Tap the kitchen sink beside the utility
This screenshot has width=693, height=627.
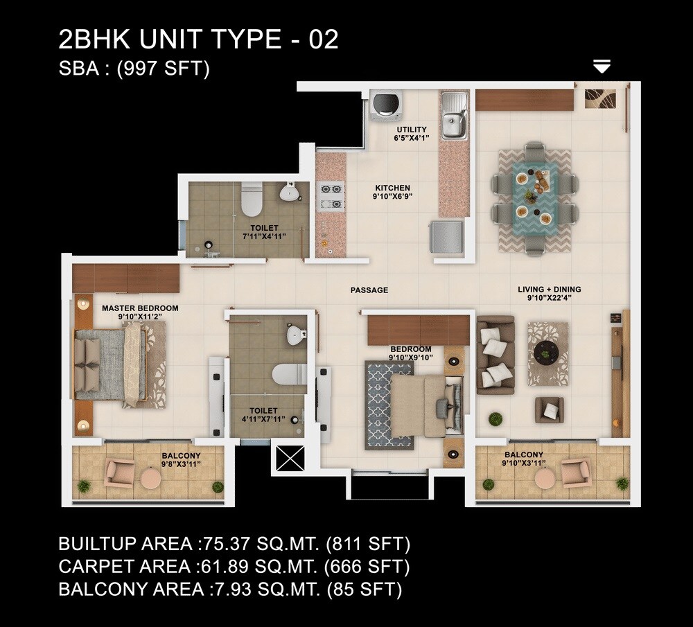454,116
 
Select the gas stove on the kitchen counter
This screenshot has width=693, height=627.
331,195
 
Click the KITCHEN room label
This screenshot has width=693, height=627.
392,188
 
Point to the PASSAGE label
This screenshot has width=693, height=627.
369,290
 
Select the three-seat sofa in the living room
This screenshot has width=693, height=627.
495,355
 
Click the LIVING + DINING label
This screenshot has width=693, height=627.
550,290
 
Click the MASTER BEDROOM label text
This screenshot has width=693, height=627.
140,308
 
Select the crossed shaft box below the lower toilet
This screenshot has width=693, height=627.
286,459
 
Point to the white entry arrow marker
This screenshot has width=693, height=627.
602,67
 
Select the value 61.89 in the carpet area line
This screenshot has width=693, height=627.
220,567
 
